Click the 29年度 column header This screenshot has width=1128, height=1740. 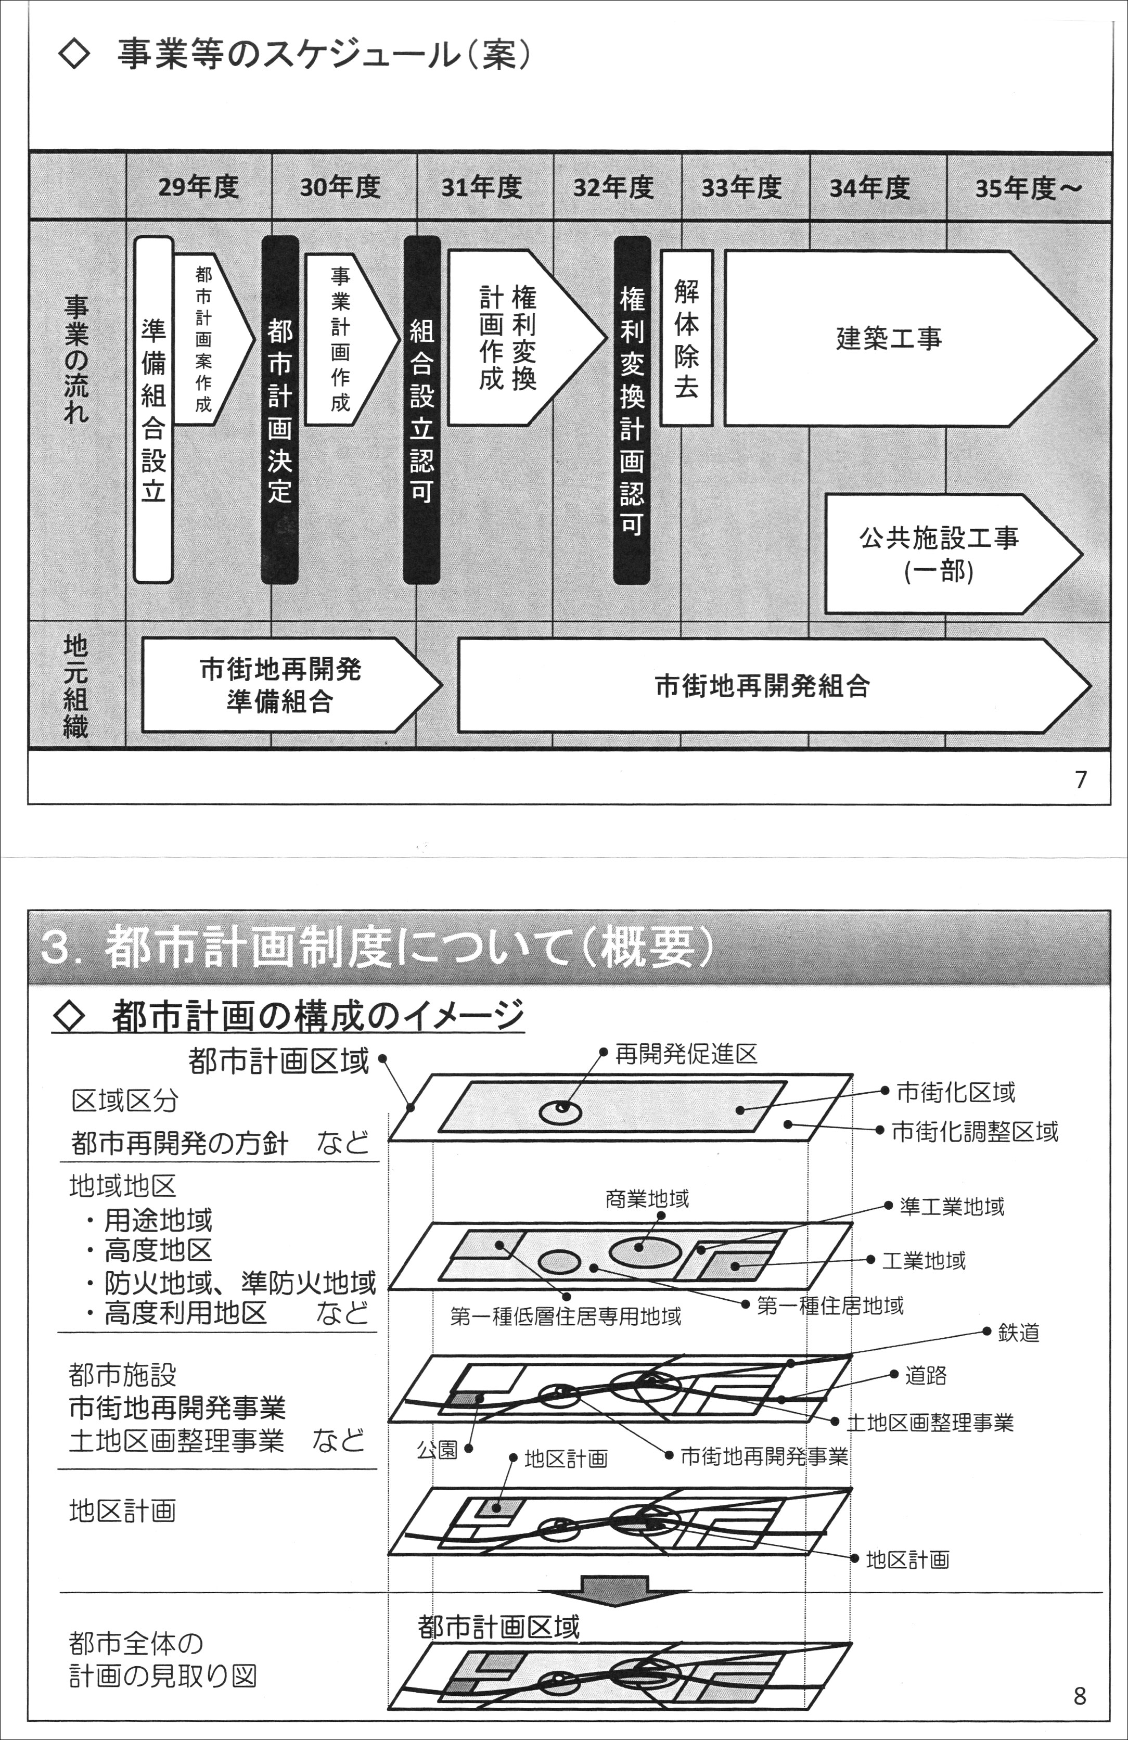click(x=198, y=188)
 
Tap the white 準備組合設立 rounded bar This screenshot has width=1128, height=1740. click(x=153, y=410)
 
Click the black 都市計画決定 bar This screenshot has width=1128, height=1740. click(x=280, y=410)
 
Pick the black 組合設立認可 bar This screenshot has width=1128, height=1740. click(x=422, y=410)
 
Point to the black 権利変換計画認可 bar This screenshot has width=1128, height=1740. click(x=632, y=410)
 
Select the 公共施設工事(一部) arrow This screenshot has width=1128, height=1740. click(x=939, y=554)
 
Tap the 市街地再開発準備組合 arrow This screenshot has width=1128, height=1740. click(x=281, y=685)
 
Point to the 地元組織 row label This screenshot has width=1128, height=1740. click(x=76, y=685)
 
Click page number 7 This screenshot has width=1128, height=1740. click(x=1081, y=779)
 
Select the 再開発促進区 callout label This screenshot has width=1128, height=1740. click(x=686, y=1054)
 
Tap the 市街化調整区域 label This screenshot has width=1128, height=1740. click(x=975, y=1132)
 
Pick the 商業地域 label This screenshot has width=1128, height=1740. click(x=647, y=1199)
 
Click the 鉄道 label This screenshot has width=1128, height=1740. click(x=1018, y=1333)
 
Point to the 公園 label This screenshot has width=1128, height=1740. click(x=437, y=1449)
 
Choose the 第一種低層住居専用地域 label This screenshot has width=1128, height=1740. click(x=565, y=1316)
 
